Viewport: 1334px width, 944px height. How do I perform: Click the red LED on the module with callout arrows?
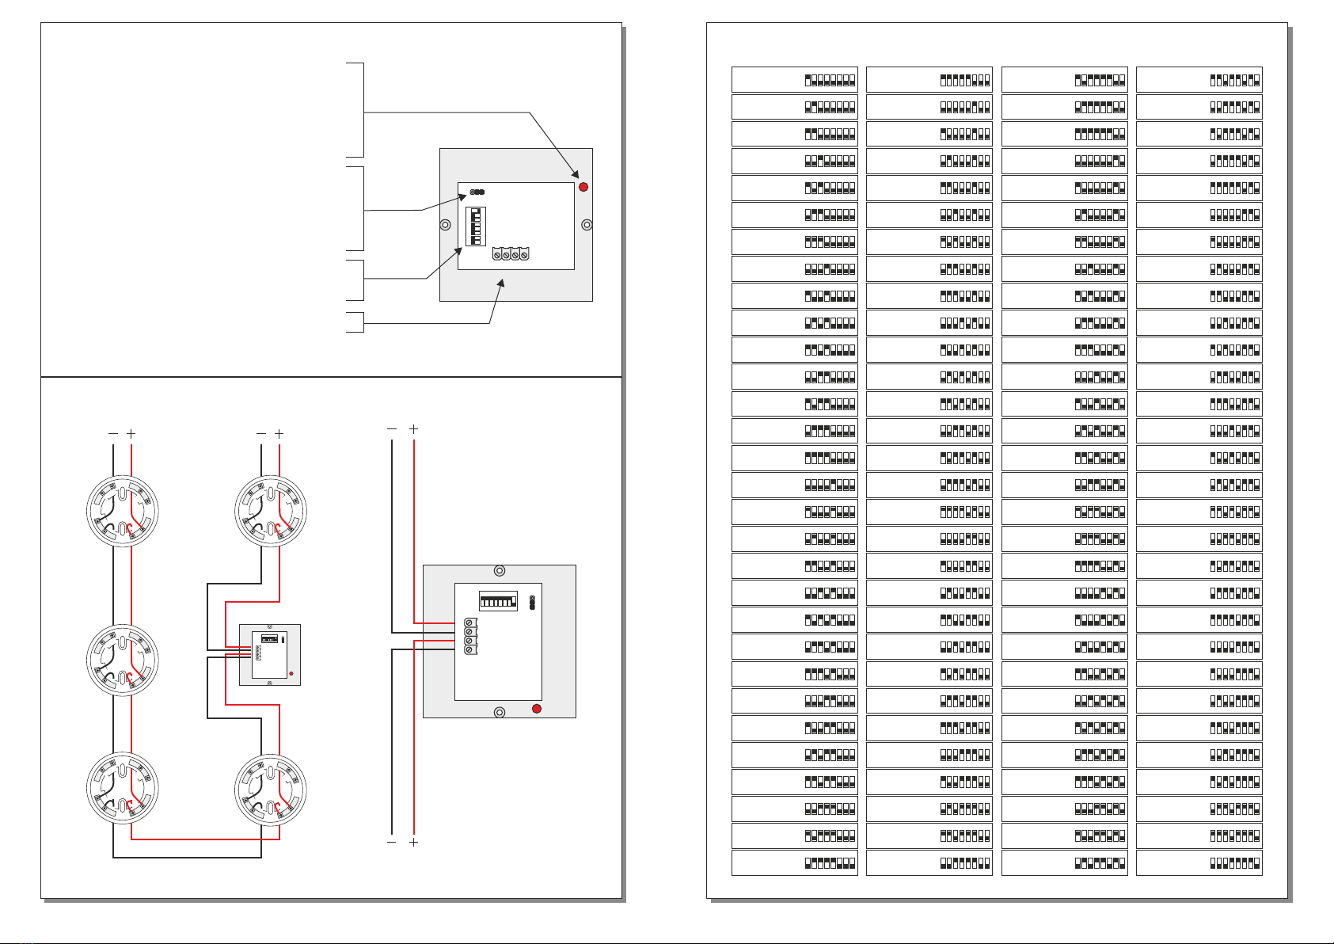(x=583, y=187)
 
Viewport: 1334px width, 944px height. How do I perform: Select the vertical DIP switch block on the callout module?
(x=475, y=226)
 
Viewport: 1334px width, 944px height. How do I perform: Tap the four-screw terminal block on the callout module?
(x=510, y=254)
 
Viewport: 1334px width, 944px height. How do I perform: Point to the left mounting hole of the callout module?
(x=446, y=225)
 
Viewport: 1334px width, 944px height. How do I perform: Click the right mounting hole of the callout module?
(x=587, y=225)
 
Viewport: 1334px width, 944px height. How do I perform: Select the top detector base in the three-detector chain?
(x=122, y=511)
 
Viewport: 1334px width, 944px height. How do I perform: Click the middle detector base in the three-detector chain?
(x=122, y=660)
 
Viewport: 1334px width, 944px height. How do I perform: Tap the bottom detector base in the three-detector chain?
(x=122, y=789)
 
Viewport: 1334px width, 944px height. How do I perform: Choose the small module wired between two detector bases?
(x=270, y=655)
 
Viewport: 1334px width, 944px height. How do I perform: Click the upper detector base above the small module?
(x=271, y=511)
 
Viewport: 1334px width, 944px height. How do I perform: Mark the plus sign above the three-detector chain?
(x=131, y=434)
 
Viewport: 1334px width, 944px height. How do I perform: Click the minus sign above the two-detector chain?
(x=261, y=434)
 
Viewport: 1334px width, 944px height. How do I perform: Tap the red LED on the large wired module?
(x=537, y=708)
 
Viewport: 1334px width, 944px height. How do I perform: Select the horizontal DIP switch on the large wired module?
(x=498, y=601)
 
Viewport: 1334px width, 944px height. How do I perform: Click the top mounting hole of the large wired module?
(x=500, y=571)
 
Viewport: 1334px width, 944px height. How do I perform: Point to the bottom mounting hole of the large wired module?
(x=500, y=713)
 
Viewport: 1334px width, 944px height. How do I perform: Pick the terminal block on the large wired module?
(x=469, y=636)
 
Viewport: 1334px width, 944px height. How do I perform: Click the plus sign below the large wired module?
(x=413, y=843)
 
